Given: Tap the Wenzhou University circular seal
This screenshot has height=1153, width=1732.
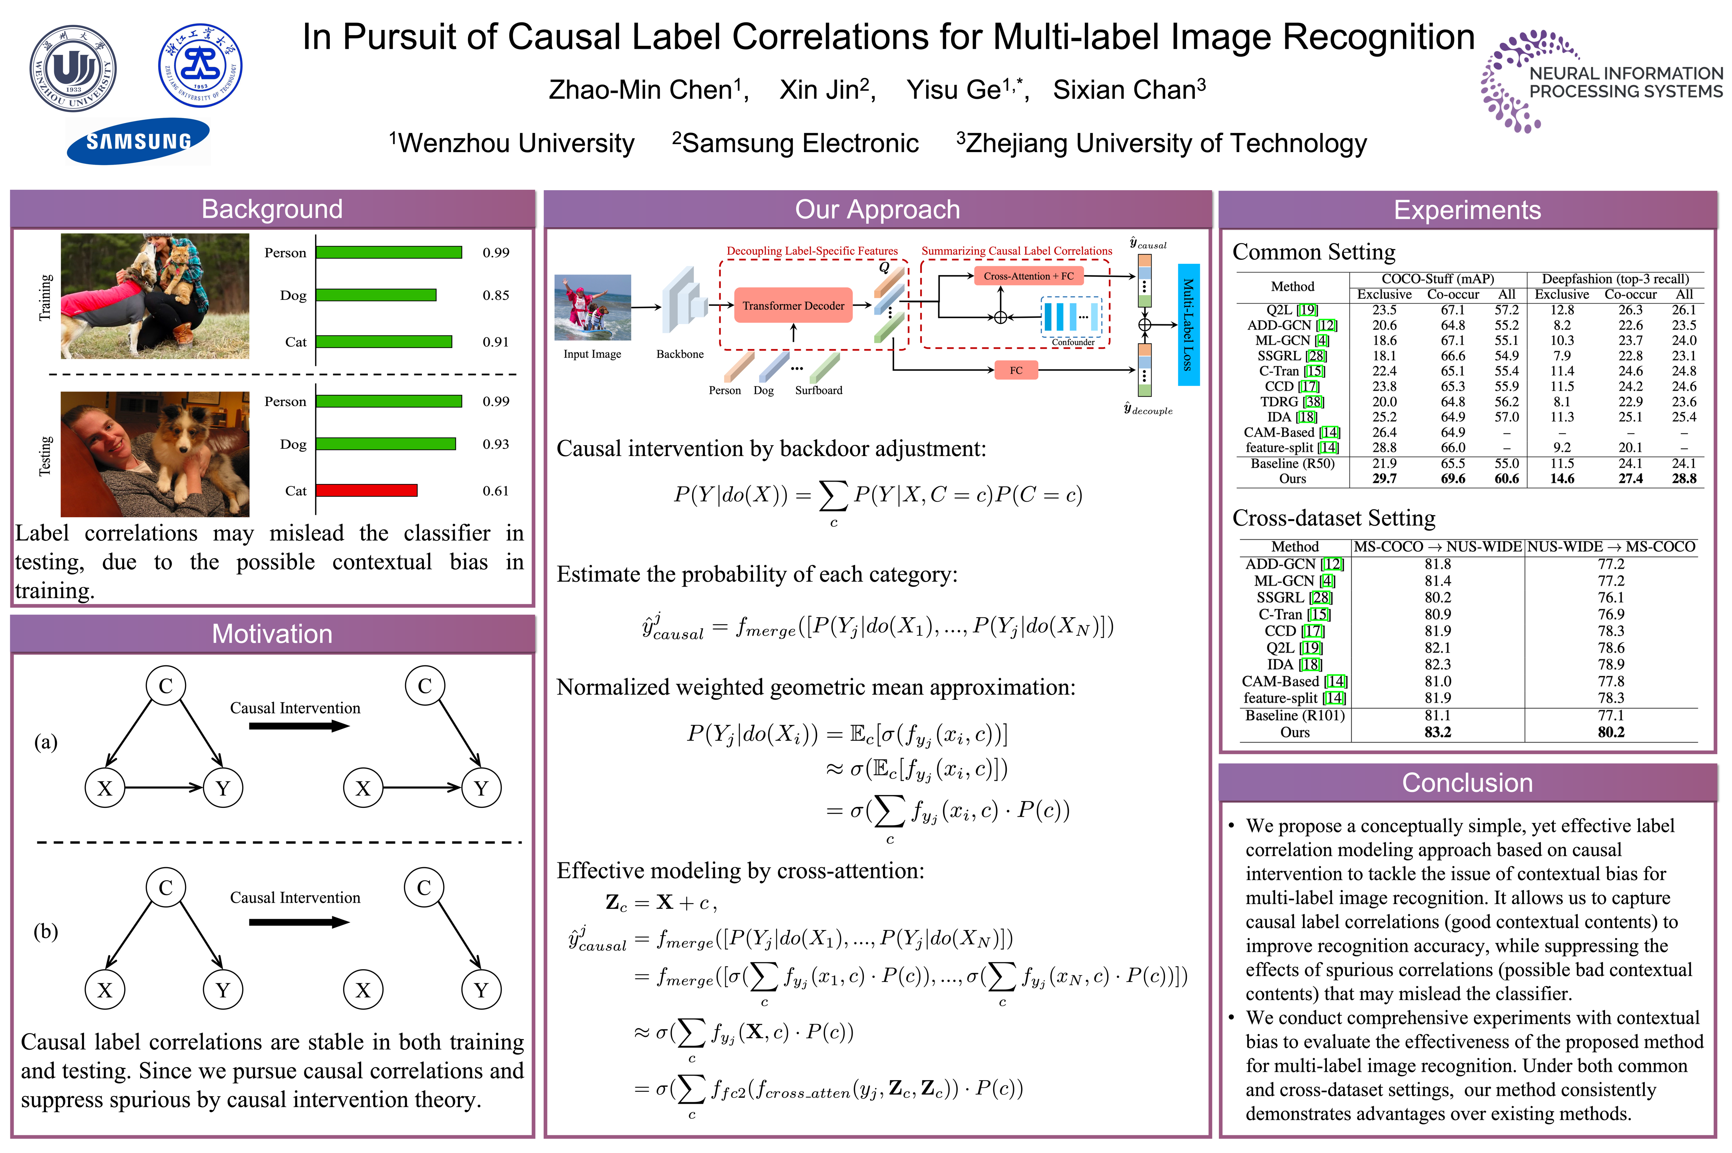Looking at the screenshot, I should [73, 68].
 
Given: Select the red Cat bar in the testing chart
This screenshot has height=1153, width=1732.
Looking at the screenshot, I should [367, 490].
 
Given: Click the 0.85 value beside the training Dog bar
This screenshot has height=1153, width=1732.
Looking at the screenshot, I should [496, 295].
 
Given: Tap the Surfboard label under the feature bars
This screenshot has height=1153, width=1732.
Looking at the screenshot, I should [818, 390].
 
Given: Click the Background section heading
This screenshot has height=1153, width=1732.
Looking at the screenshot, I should [272, 209].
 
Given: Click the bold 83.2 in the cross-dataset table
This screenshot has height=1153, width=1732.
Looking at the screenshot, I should [1437, 732].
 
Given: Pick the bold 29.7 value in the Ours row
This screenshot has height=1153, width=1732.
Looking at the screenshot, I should [1384, 479].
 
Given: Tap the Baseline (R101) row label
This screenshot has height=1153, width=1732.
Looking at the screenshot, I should [1294, 715].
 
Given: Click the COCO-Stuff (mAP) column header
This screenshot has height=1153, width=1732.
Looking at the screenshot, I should [1437, 279].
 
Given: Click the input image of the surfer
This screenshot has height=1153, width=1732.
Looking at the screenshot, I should [592, 307].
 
